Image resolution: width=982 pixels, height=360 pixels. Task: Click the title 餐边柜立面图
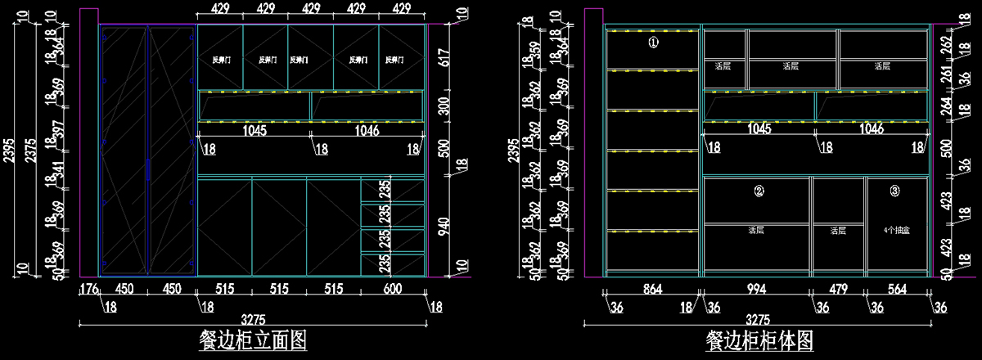tap(253, 340)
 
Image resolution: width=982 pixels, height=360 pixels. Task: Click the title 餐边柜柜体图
tap(759, 340)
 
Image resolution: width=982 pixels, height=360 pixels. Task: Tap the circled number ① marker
tap(653, 43)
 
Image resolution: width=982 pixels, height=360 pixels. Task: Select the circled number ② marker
tap(759, 191)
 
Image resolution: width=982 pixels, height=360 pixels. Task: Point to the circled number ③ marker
tap(894, 191)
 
